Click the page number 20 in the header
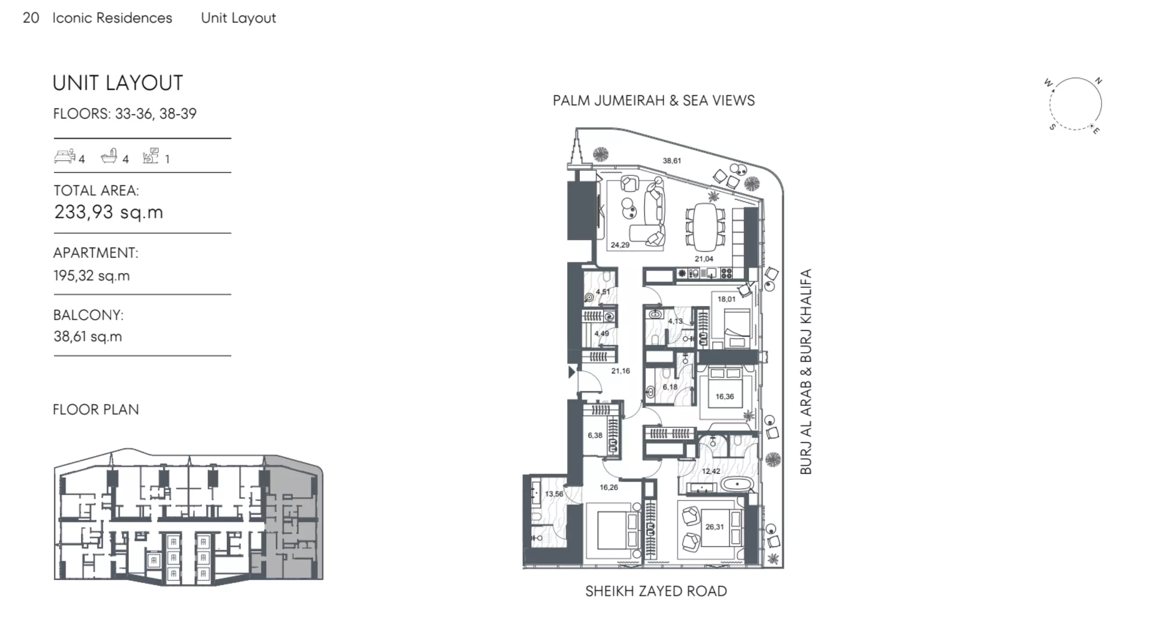pyautogui.click(x=31, y=18)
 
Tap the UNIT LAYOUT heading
pyautogui.click(x=118, y=83)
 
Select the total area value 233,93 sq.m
pyautogui.click(x=109, y=212)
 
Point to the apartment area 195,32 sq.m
pyautogui.click(x=91, y=276)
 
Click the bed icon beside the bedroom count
pyautogui.click(x=65, y=156)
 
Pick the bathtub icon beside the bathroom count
pyautogui.click(x=109, y=156)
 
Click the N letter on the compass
pyautogui.click(x=1098, y=81)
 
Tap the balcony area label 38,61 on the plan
pyautogui.click(x=672, y=160)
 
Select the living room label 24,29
pyautogui.click(x=620, y=245)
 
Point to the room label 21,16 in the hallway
pyautogui.click(x=620, y=371)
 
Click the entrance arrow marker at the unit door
pyautogui.click(x=572, y=372)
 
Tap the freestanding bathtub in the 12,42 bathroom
pyautogui.click(x=737, y=484)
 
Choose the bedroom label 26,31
pyautogui.click(x=714, y=527)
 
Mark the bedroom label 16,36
pyautogui.click(x=724, y=396)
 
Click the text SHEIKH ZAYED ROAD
pyautogui.click(x=656, y=591)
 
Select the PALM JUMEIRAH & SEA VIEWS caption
pyautogui.click(x=654, y=100)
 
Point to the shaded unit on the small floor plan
pyautogui.click(x=294, y=520)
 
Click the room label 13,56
pyautogui.click(x=554, y=494)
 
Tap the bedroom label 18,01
pyautogui.click(x=726, y=299)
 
